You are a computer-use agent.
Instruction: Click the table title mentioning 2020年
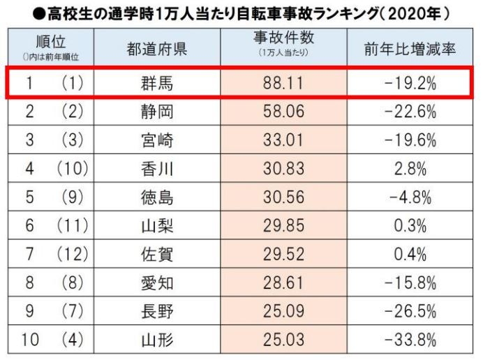241,13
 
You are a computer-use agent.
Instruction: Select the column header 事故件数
283,46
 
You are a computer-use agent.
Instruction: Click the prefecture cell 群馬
156,84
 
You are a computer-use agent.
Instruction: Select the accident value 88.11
283,84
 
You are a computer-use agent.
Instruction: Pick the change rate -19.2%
410,84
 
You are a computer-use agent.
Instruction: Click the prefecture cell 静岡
156,112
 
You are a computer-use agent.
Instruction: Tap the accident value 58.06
283,112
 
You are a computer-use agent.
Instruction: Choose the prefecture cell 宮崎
156,140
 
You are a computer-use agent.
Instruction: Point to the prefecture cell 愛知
156,283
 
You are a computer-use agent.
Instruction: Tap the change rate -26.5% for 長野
410,311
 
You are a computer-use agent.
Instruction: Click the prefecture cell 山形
156,340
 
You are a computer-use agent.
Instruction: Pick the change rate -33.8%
410,340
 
